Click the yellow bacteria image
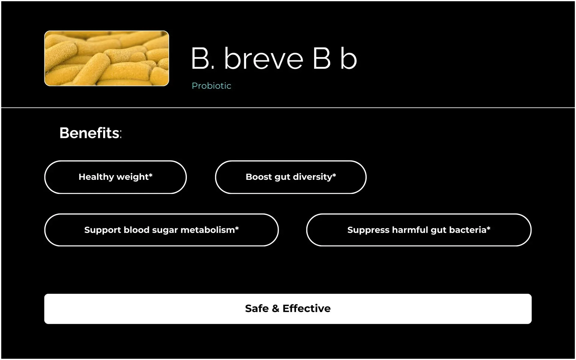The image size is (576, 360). pyautogui.click(x=106, y=58)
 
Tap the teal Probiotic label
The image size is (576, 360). pyautogui.click(x=211, y=86)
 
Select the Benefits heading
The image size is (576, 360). pyautogui.click(x=91, y=133)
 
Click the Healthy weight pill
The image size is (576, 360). pyautogui.click(x=115, y=177)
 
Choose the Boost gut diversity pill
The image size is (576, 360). pyautogui.click(x=291, y=177)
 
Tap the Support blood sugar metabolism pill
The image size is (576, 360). pyautogui.click(x=161, y=230)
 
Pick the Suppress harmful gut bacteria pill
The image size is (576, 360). pyautogui.click(x=419, y=230)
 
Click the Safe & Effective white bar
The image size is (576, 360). pyautogui.click(x=288, y=309)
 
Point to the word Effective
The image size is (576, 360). pyautogui.click(x=307, y=308)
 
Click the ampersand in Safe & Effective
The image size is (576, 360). pyautogui.click(x=275, y=308)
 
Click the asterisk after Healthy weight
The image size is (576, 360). pyautogui.click(x=151, y=175)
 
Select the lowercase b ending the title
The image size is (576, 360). pyautogui.click(x=349, y=58)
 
